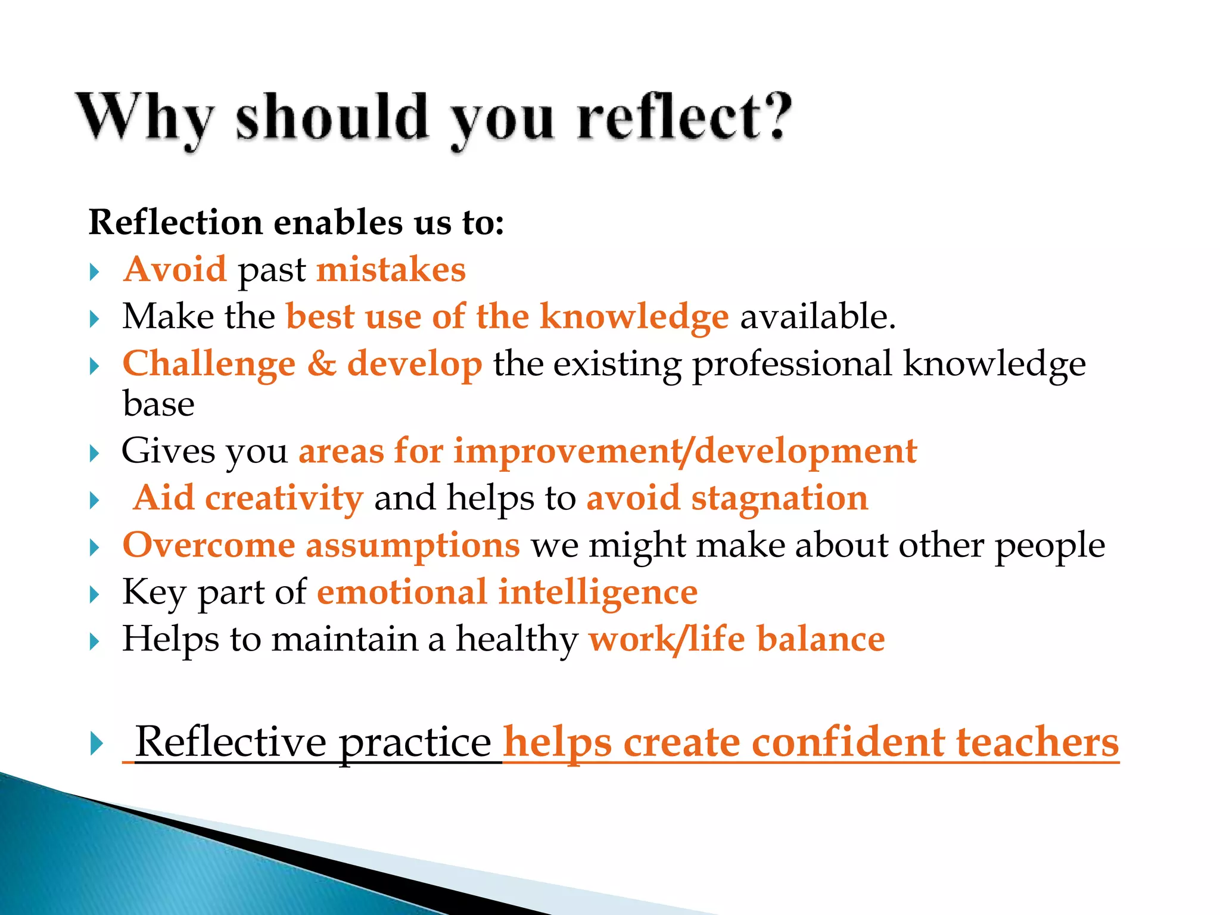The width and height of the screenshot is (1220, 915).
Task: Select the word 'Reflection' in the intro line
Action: tap(175, 223)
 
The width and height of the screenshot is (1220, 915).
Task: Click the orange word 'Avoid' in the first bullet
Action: tap(175, 269)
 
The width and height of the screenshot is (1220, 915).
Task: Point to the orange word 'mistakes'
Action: tap(391, 269)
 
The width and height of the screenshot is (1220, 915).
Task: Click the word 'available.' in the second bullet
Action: tap(817, 316)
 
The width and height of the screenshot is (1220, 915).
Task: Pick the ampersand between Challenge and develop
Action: tap(322, 363)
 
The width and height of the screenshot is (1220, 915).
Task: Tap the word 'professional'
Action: tap(792, 365)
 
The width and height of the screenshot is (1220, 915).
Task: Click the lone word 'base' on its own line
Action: tap(158, 404)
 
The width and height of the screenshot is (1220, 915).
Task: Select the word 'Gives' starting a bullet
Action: tap(168, 450)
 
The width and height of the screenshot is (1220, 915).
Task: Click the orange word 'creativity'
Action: tap(284, 498)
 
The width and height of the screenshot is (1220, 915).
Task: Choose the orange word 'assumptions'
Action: tap(412, 546)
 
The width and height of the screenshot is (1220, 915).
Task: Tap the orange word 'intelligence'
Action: tap(597, 593)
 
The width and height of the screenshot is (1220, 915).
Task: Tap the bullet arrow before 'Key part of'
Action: tap(94, 595)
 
